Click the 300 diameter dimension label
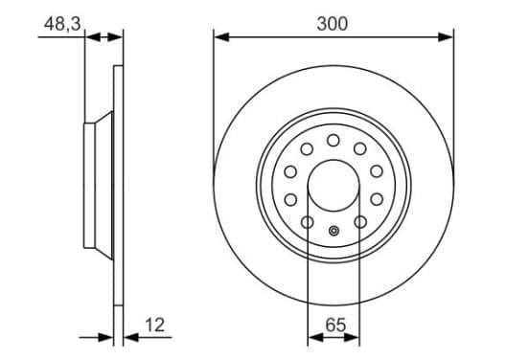click(332, 24)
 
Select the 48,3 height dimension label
click(62, 24)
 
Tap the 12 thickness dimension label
click(155, 325)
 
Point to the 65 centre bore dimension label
click(335, 325)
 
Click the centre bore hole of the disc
click(333, 186)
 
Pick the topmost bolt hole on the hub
click(333, 140)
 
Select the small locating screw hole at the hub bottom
click(334, 231)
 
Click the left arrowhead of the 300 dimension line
click(221, 37)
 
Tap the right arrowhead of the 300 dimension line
click(446, 37)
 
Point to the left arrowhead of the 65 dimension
click(316, 337)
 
